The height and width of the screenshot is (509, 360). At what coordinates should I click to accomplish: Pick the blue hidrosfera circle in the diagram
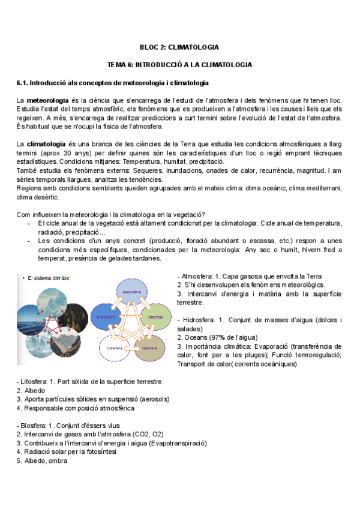pyautogui.click(x=104, y=316)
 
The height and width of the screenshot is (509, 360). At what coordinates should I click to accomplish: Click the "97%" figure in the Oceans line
pyautogui.click(x=218, y=338)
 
